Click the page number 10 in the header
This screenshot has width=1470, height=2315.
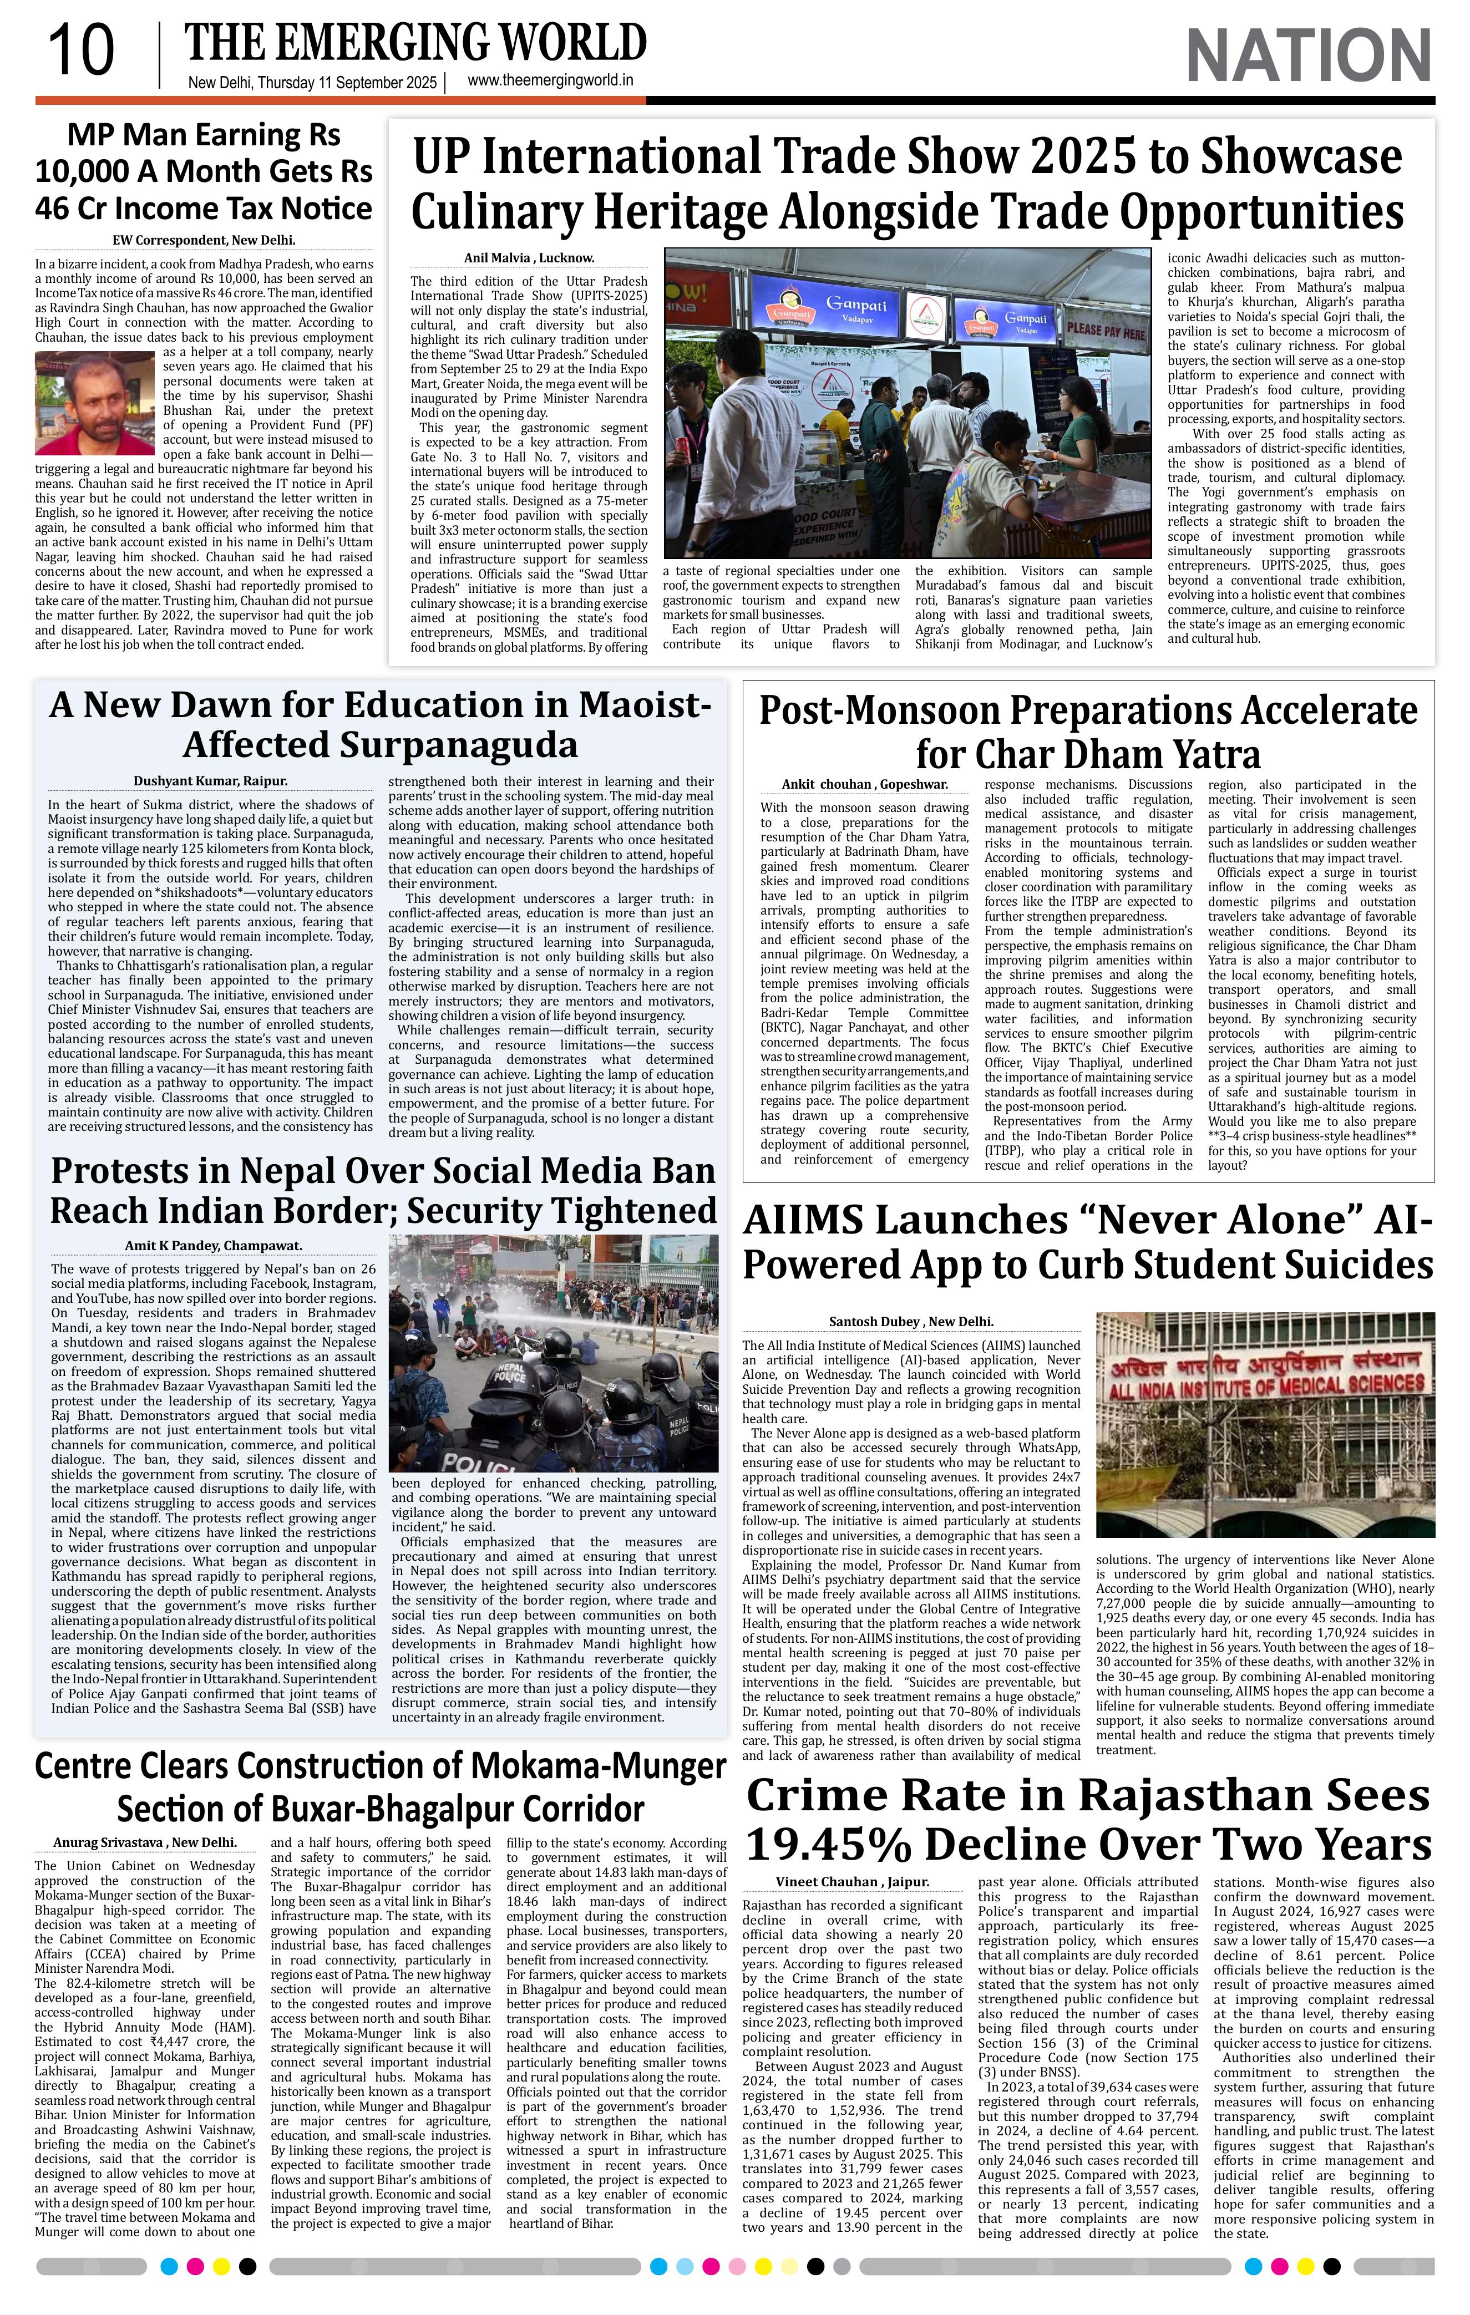(81, 51)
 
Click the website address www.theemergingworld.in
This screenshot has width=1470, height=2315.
(550, 82)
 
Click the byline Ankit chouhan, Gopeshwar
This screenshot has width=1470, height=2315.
(864, 784)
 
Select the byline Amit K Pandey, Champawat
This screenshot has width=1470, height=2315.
(214, 1246)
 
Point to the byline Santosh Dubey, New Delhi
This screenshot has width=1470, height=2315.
(910, 1321)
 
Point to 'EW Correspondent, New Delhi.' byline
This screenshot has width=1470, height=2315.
(204, 240)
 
